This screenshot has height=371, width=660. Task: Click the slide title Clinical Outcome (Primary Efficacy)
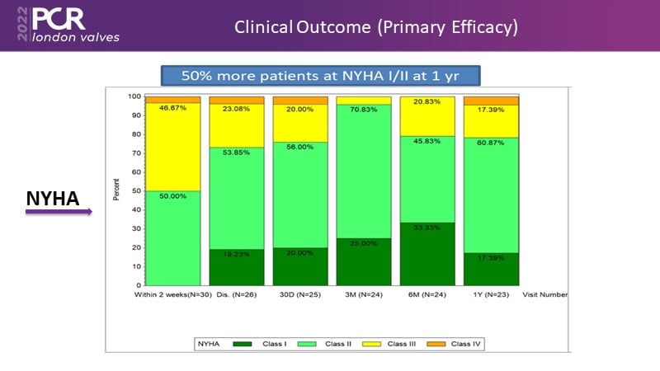(x=376, y=26)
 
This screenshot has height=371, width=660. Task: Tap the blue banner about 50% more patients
(x=321, y=76)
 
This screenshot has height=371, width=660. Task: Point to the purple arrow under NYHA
(x=58, y=213)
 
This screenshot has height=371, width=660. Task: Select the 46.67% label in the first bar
(x=172, y=108)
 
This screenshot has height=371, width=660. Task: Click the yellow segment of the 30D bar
(x=300, y=124)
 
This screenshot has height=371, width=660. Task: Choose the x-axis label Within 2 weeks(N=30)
(x=171, y=294)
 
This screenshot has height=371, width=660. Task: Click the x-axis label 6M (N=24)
(x=427, y=294)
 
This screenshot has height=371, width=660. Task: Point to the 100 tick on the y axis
(x=132, y=96)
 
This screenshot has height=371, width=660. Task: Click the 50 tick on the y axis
(x=134, y=191)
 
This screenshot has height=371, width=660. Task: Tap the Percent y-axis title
(x=115, y=190)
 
